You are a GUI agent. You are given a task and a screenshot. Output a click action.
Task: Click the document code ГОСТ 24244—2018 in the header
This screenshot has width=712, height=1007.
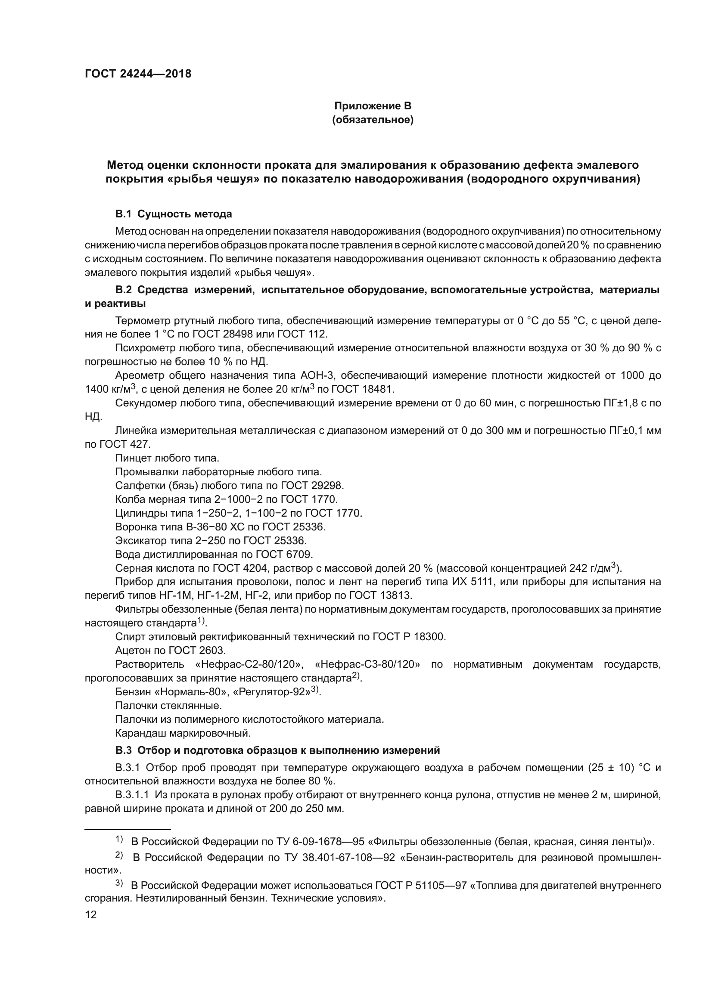coord(138,74)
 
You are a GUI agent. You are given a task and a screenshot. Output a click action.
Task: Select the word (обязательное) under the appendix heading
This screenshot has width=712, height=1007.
coord(373,120)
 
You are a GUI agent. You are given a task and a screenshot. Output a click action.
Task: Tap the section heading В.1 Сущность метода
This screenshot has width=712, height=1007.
coord(173,214)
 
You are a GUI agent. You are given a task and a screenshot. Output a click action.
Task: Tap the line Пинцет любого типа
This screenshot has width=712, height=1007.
coord(167,458)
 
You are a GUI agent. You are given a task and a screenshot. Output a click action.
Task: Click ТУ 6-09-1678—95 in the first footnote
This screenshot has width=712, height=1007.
coord(314,842)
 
